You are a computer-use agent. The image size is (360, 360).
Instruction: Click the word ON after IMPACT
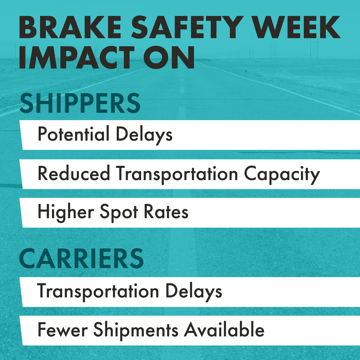pos(169,58)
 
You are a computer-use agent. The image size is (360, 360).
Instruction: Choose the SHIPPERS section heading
pos(80,103)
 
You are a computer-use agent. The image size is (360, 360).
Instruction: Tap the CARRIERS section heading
pos(81,259)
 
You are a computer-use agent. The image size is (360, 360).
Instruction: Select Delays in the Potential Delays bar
pos(144,135)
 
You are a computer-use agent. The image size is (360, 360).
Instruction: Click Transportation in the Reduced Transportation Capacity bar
pos(177,174)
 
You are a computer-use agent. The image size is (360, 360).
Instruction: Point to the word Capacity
pos(282,174)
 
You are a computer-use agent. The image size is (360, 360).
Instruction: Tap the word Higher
pos(66,212)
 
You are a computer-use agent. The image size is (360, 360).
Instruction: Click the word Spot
pos(119,212)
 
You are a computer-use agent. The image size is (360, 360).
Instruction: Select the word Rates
pos(166,212)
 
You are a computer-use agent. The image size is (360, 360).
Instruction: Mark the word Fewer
pos(63,330)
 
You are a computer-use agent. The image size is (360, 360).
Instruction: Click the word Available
pos(224,330)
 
